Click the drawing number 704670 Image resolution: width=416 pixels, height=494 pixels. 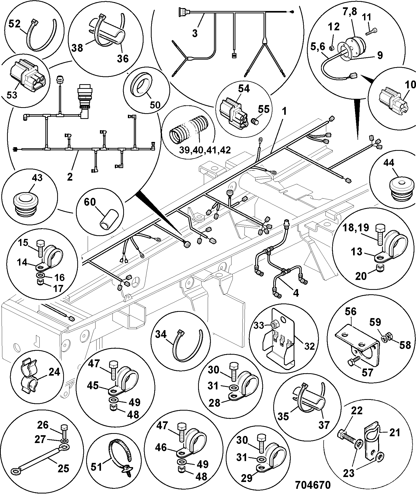coord(313,485)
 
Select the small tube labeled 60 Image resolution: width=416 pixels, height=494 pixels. coord(109,219)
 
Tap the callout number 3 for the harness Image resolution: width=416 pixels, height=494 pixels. coord(195,33)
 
